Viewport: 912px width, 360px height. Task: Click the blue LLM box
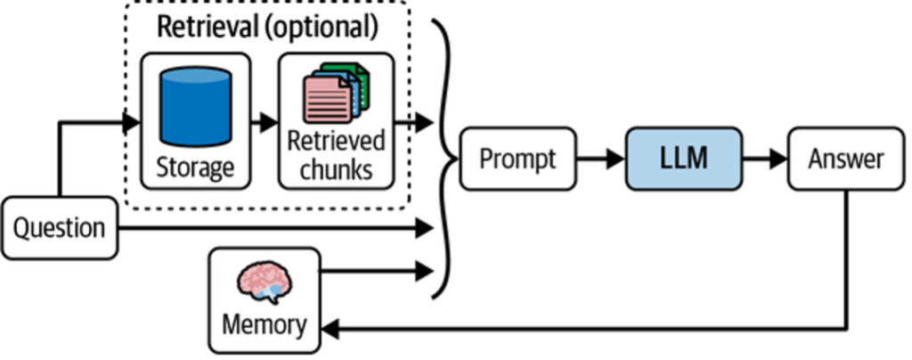click(682, 160)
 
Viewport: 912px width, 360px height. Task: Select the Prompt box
click(517, 160)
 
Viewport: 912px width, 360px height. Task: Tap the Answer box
click(845, 160)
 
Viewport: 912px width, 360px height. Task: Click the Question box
click(59, 229)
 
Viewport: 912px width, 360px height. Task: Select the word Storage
click(194, 167)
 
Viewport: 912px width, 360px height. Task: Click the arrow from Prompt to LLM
click(601, 160)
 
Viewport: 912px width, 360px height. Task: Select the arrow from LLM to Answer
click(765, 160)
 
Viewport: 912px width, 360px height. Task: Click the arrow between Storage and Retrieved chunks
click(262, 122)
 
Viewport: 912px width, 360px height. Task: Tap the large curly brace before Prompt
click(445, 160)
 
